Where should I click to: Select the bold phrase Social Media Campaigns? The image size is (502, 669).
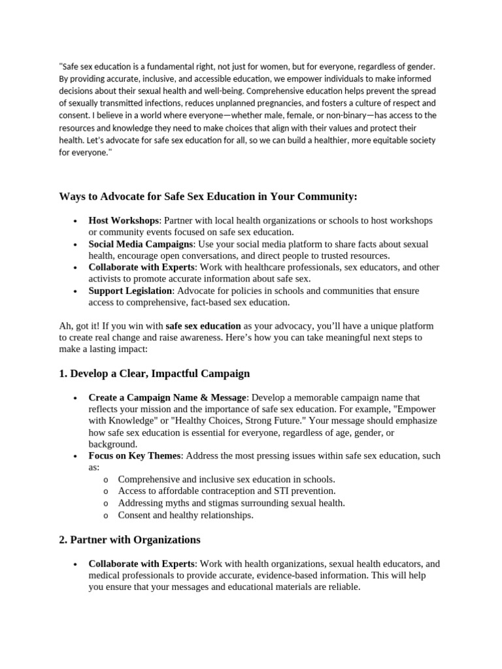click(140, 244)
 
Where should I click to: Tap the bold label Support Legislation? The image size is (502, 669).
click(130, 291)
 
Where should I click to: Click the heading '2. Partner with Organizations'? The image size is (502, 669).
click(130, 540)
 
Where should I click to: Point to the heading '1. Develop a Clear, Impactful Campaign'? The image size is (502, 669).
click(154, 374)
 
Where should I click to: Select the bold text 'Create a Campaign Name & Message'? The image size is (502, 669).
click(167, 397)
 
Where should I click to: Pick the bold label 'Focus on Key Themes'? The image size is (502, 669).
click(134, 455)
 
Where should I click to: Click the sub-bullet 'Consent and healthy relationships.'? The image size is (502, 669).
click(185, 515)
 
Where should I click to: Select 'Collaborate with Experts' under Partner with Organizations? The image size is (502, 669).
click(141, 563)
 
